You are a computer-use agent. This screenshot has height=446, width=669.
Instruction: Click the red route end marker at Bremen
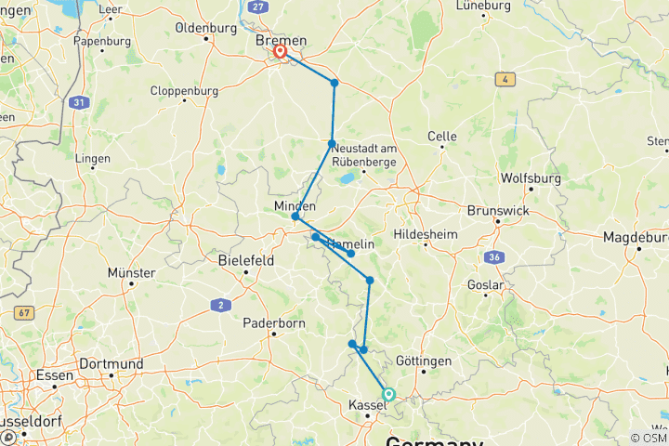pos(279,52)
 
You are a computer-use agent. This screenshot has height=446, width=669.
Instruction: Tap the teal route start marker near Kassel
pos(388,394)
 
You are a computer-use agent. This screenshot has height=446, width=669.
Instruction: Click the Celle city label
pos(442,136)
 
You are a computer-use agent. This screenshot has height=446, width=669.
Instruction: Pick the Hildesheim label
pos(426,235)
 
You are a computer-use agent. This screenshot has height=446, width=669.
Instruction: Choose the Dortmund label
pos(110,363)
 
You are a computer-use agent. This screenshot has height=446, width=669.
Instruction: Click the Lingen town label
pos(94,158)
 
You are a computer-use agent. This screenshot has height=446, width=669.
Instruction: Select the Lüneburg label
pos(484,6)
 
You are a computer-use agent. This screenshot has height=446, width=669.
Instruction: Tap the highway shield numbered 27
pos(258,7)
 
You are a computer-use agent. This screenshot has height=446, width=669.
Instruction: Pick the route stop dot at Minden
pos(295,216)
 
